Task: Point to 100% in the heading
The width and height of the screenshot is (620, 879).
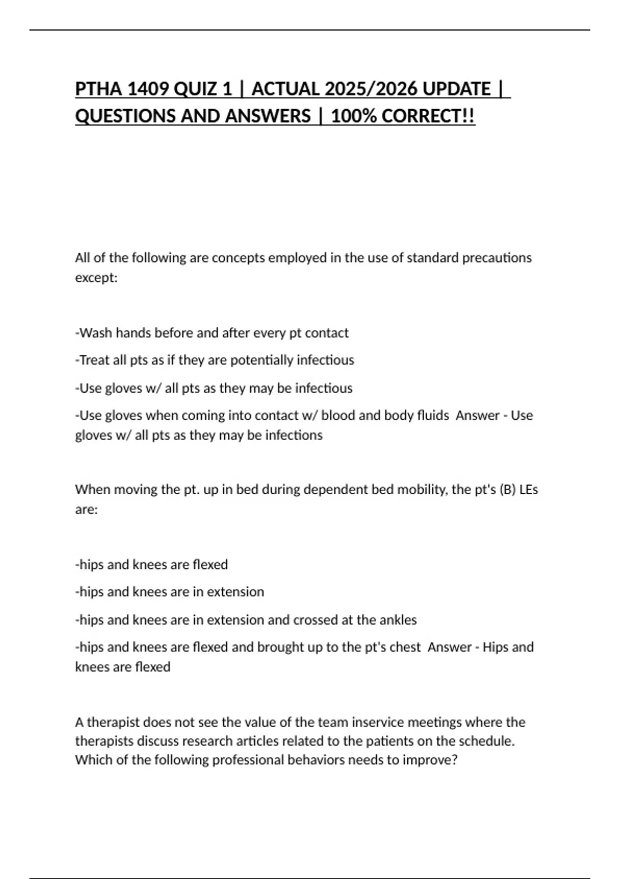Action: pos(353,116)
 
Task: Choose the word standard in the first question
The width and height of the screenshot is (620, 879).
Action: pos(432,257)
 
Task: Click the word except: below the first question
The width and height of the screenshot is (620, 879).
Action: pos(96,278)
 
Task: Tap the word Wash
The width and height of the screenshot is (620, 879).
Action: pos(96,333)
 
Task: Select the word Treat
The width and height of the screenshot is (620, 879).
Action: pos(94,360)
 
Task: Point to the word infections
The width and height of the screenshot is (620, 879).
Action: pos(293,435)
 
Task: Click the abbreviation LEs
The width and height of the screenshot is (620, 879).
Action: pos(529,489)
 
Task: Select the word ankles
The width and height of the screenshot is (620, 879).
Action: pos(398,620)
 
